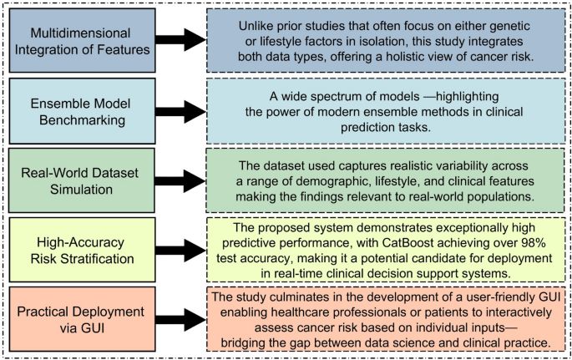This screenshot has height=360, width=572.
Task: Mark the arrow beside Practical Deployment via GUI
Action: (x=175, y=317)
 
